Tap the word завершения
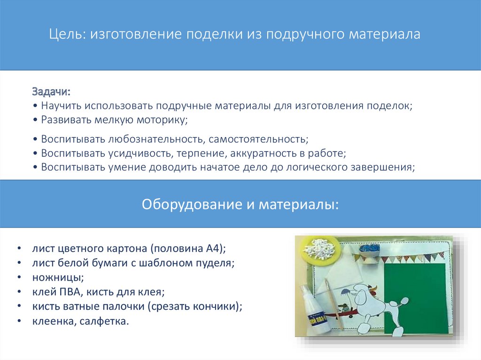(x=383, y=167)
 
